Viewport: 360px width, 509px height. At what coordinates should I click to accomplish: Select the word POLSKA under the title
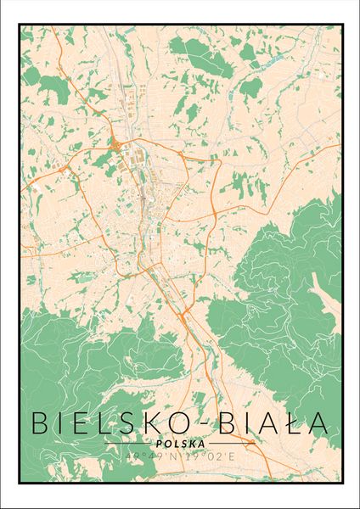(179, 443)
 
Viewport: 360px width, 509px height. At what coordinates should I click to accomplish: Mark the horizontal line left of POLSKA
(127, 443)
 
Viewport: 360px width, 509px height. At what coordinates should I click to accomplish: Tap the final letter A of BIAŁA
(315, 422)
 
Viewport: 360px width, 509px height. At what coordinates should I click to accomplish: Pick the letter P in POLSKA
(161, 443)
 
